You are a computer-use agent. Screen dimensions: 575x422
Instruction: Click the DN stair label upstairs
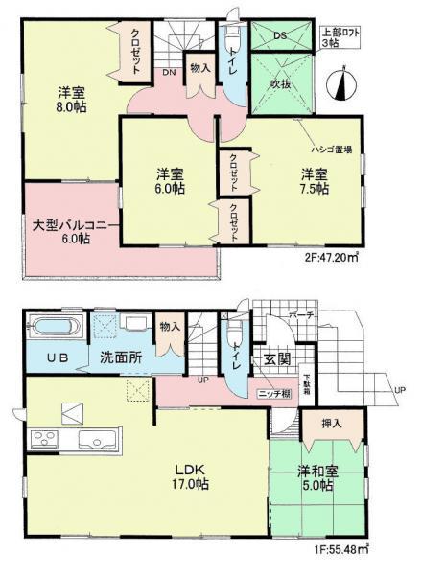pyautogui.click(x=168, y=73)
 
